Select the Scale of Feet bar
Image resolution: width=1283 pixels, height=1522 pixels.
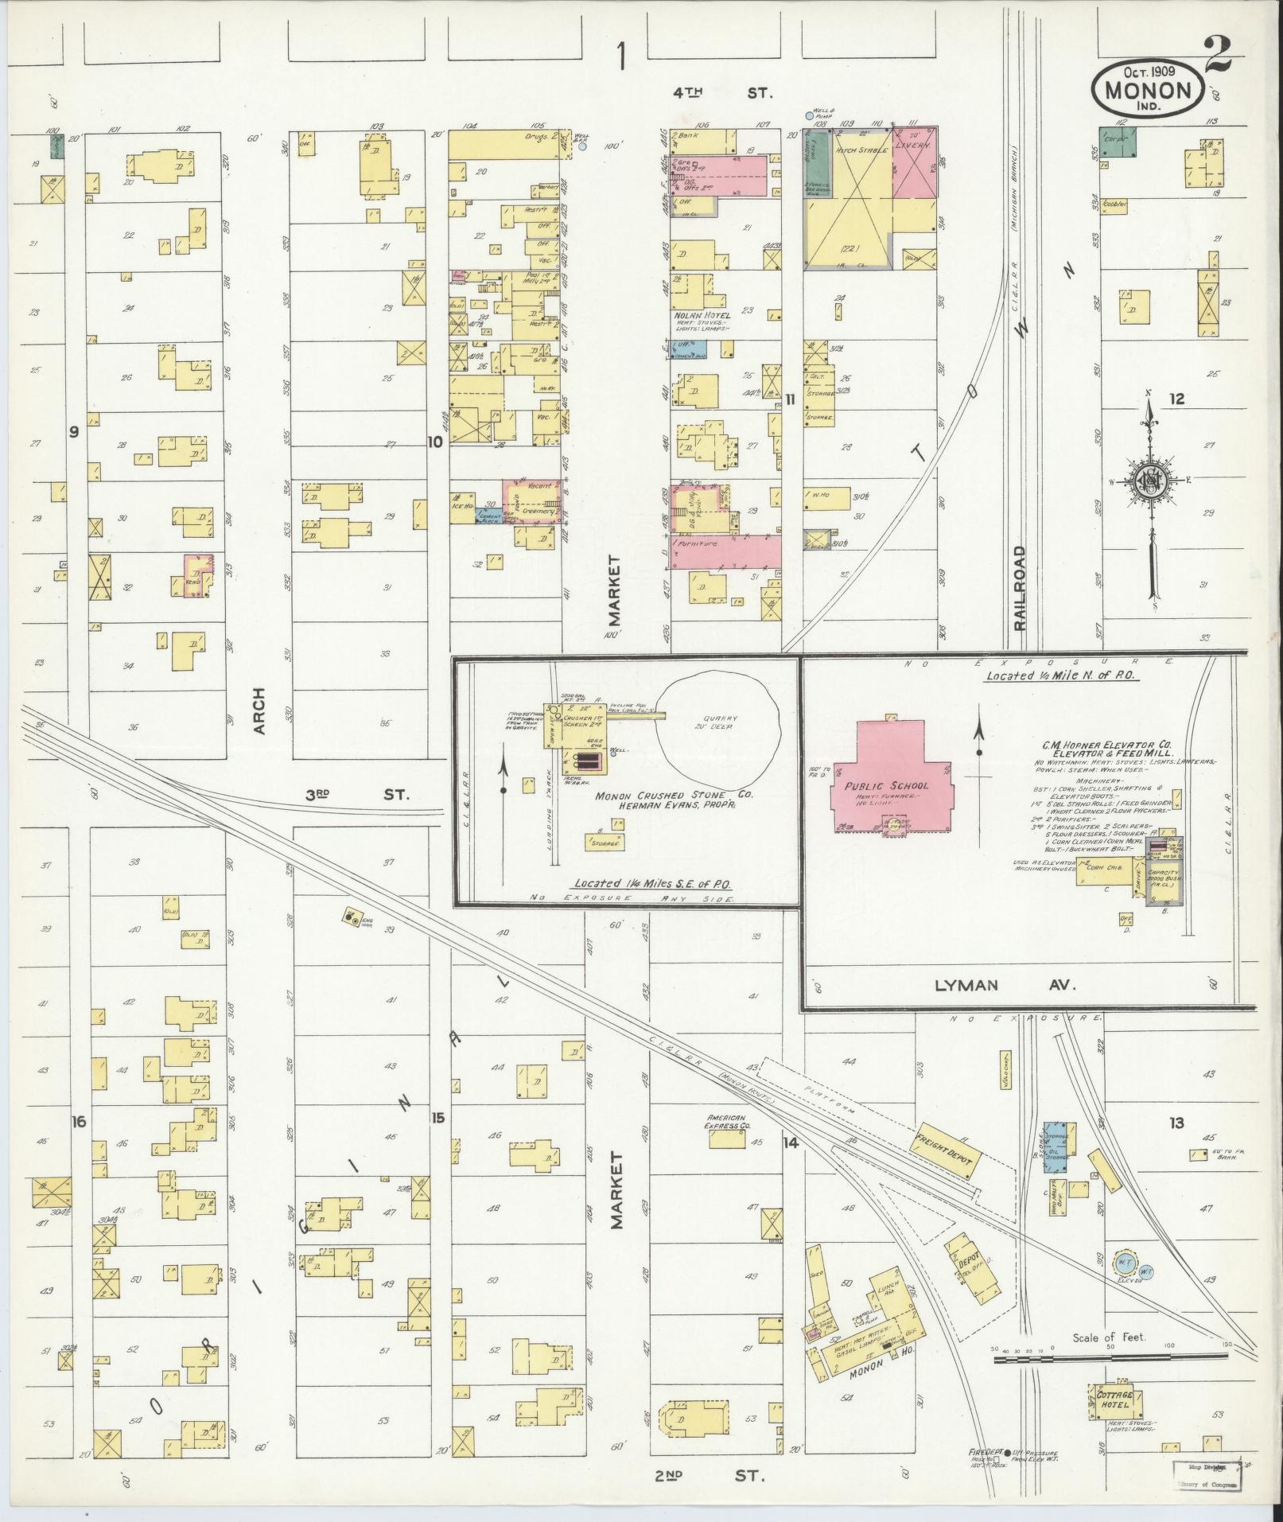pyautogui.click(x=1111, y=1361)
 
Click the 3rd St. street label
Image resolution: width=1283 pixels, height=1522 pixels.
pyautogui.click(x=357, y=794)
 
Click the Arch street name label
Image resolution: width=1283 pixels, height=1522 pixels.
pyautogui.click(x=259, y=711)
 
